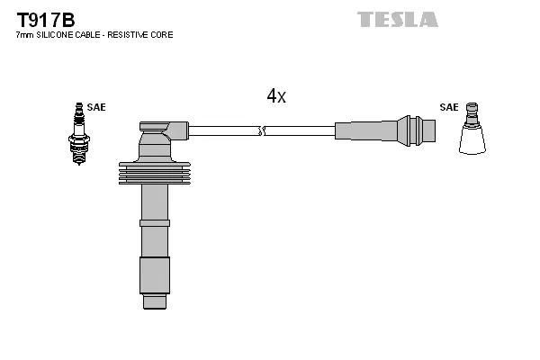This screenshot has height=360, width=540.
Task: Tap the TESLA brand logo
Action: (397, 19)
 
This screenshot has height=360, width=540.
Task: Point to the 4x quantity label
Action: (275, 96)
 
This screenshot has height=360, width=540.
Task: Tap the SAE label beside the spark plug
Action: (96, 107)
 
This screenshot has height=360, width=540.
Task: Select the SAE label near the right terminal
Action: (448, 107)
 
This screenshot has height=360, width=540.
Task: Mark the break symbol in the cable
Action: (262, 131)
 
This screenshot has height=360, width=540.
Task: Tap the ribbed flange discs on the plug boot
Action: (154, 175)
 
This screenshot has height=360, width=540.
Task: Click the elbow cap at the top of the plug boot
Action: (162, 130)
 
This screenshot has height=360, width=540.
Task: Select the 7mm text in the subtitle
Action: (25, 34)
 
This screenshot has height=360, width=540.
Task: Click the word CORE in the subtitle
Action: (163, 34)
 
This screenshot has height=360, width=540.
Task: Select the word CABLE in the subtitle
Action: (93, 34)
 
